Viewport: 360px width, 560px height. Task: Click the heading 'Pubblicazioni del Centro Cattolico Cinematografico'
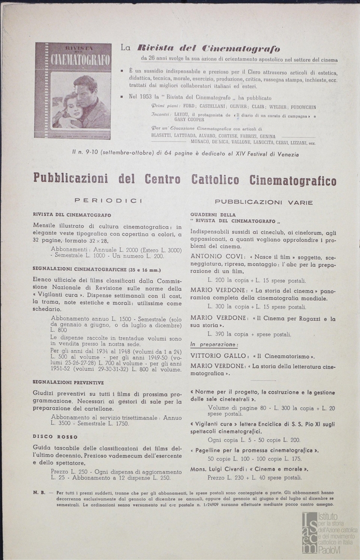tap(185, 180)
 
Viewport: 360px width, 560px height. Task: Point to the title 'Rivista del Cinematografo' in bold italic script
tap(206, 49)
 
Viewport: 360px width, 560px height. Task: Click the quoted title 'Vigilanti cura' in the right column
tap(216, 424)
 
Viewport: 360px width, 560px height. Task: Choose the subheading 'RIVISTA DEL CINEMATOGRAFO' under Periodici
tap(72, 215)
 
